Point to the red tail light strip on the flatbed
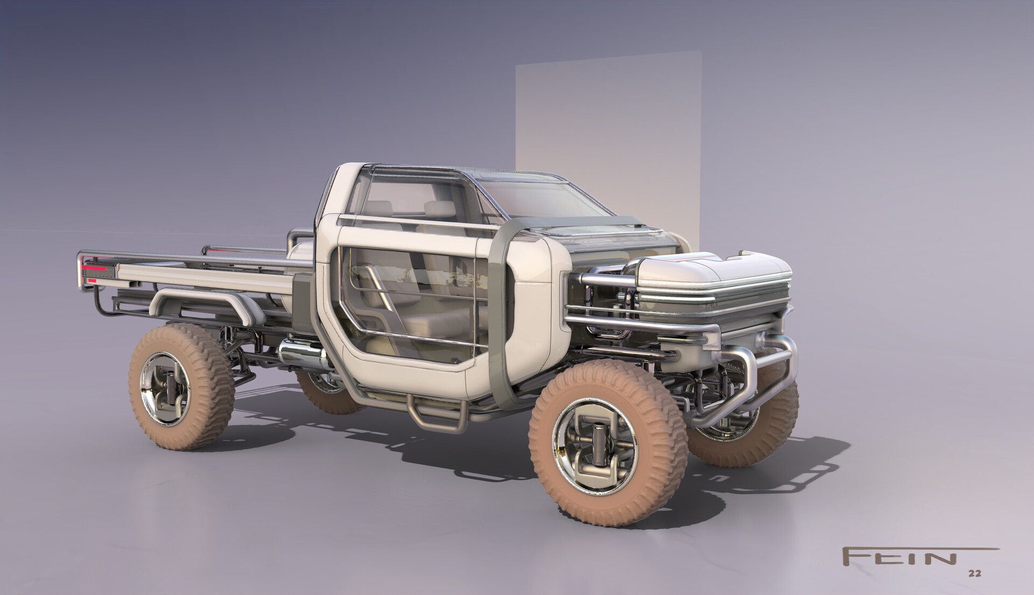tap(95, 267)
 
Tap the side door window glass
tap(409, 302)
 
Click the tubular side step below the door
tap(436, 412)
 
